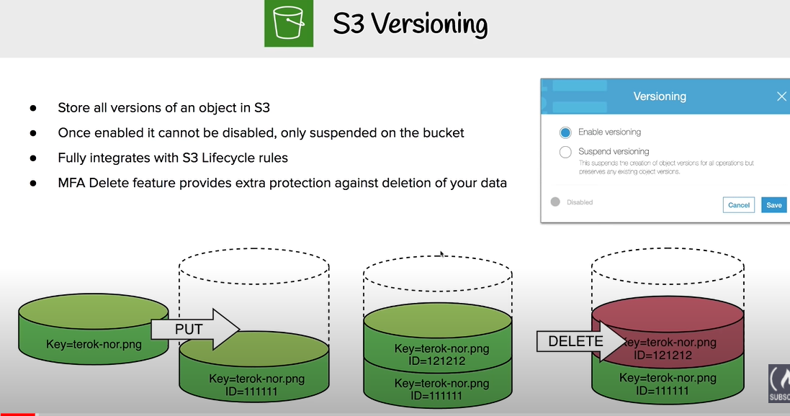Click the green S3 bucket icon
point(288,25)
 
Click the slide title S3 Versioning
point(410,24)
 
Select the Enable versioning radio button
point(565,132)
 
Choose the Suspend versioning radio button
point(565,152)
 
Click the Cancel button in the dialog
point(738,205)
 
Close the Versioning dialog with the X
point(781,96)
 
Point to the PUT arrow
point(194,330)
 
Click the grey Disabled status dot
point(555,202)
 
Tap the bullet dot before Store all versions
point(33,108)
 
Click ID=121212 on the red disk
point(663,356)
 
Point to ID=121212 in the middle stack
point(436,361)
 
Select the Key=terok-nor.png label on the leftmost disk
point(94,344)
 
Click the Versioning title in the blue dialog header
point(659,96)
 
